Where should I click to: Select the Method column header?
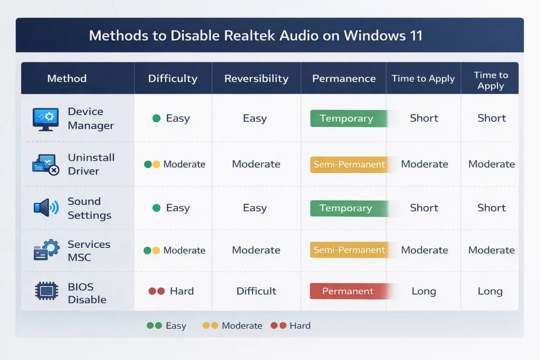66,79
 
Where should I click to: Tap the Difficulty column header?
172,79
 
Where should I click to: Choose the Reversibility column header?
256,79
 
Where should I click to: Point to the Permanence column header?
344,79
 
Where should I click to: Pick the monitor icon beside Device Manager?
45,119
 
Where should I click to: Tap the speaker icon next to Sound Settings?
45,208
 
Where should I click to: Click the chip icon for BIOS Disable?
46,291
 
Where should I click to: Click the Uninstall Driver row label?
83,164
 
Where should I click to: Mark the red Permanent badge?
348,291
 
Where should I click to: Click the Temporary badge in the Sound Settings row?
346,208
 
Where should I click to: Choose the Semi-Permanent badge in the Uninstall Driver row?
349,164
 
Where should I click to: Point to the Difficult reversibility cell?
256,291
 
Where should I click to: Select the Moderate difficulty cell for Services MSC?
175,250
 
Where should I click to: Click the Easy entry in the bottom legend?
167,326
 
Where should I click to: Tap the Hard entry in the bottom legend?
291,326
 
